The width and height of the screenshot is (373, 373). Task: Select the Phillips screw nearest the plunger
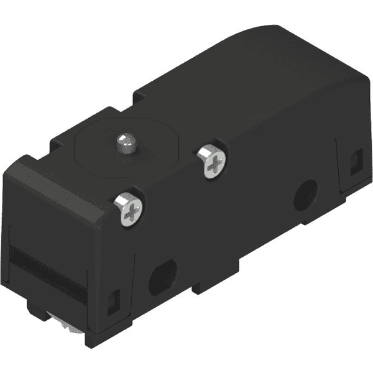pyautogui.click(x=212, y=161)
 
